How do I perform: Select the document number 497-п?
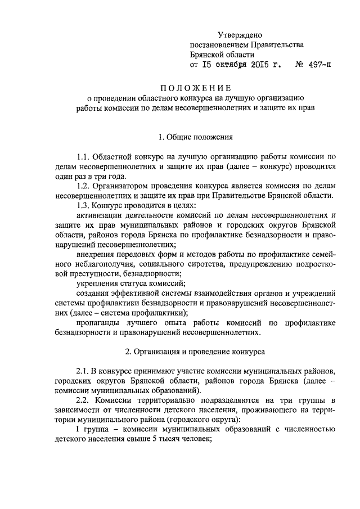point(317,65)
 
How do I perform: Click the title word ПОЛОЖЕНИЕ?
point(195,87)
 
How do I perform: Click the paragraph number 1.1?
point(83,157)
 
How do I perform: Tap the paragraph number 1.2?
point(83,186)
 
